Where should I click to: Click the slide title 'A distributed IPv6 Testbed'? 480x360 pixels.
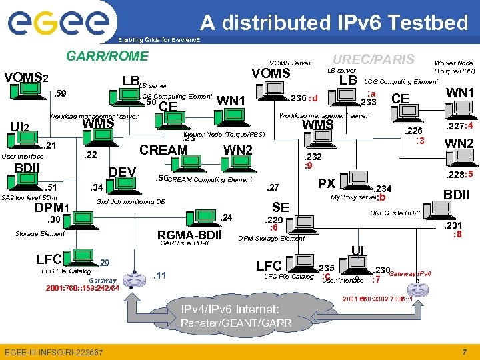[x=335, y=23]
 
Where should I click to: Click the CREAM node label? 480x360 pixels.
[x=163, y=150]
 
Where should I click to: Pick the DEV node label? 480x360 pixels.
[x=122, y=173]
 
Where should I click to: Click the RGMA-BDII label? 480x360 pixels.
[x=189, y=235]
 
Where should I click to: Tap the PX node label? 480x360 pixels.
[x=326, y=183]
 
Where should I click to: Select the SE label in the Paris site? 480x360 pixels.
[x=281, y=207]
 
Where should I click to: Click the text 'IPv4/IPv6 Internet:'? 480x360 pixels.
[x=231, y=309]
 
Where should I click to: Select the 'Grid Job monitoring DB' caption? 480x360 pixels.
[x=131, y=201]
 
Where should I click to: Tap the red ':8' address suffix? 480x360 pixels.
[x=457, y=235]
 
